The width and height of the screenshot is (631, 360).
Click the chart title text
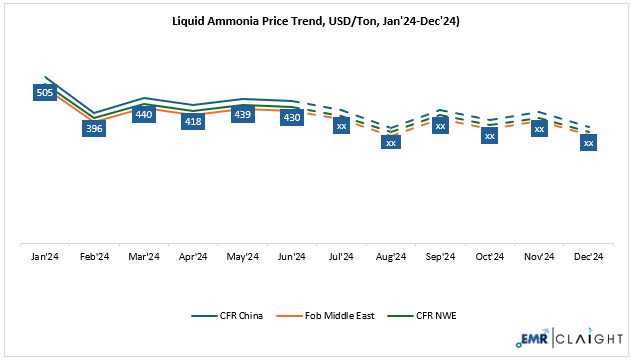(315, 19)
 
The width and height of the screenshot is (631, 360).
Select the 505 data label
(45, 93)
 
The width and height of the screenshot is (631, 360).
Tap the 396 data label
(95, 128)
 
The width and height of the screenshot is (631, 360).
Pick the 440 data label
(144, 114)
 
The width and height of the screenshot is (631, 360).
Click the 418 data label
(193, 121)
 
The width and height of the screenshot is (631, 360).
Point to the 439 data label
(242, 114)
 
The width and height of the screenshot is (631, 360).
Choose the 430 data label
(291, 117)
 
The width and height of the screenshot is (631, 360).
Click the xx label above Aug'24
(391, 142)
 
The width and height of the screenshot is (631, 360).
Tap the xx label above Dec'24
(588, 142)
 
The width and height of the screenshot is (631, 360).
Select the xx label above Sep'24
(440, 125)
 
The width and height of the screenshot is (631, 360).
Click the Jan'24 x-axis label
(45, 257)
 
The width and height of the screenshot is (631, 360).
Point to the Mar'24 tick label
(144, 257)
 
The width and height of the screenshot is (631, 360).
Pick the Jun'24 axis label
(291, 257)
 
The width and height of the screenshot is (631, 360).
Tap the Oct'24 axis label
(489, 257)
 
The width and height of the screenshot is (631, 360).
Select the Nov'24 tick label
(539, 257)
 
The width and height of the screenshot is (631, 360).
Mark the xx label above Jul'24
(341, 125)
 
